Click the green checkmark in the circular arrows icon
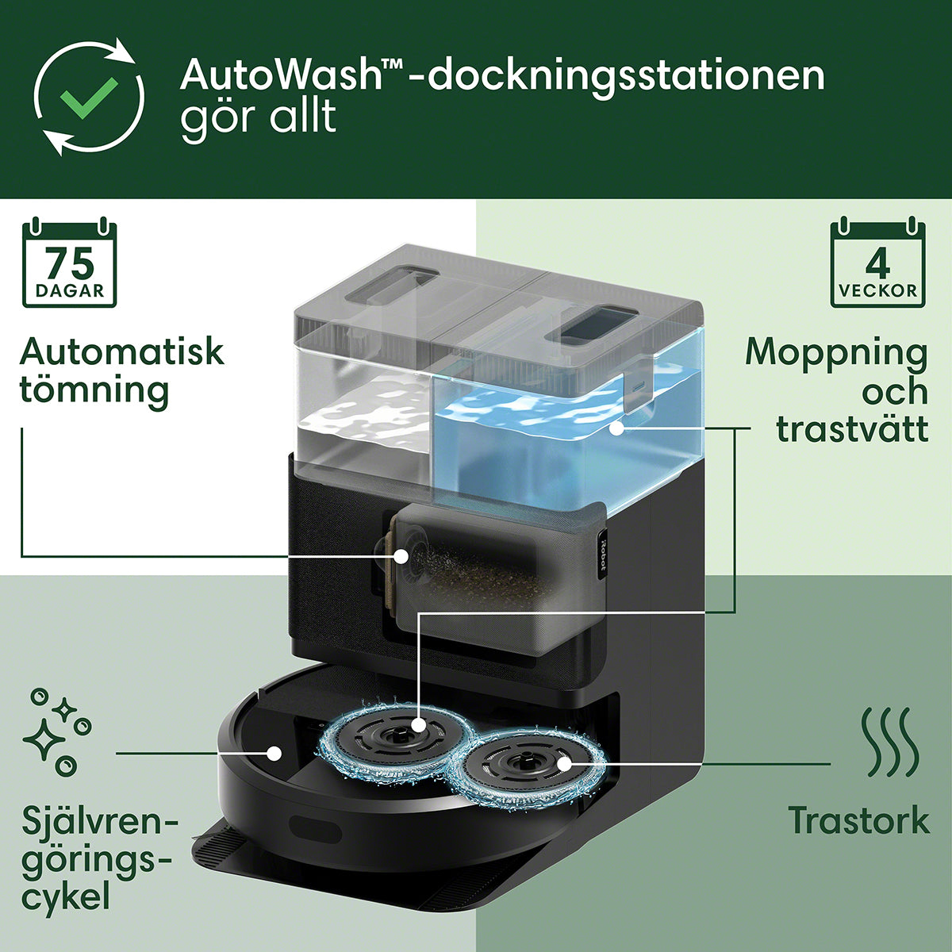pyautogui.click(x=89, y=98)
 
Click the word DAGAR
pyautogui.click(x=70, y=290)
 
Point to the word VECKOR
pyautogui.click(x=877, y=290)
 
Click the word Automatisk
pyautogui.click(x=121, y=351)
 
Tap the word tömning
pyautogui.click(x=94, y=391)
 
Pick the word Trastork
pyautogui.click(x=858, y=820)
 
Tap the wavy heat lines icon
pyautogui.click(x=890, y=750)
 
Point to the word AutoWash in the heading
pyautogui.click(x=282, y=75)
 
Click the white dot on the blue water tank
pyautogui.click(x=616, y=429)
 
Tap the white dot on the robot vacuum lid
pyautogui.click(x=274, y=754)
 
